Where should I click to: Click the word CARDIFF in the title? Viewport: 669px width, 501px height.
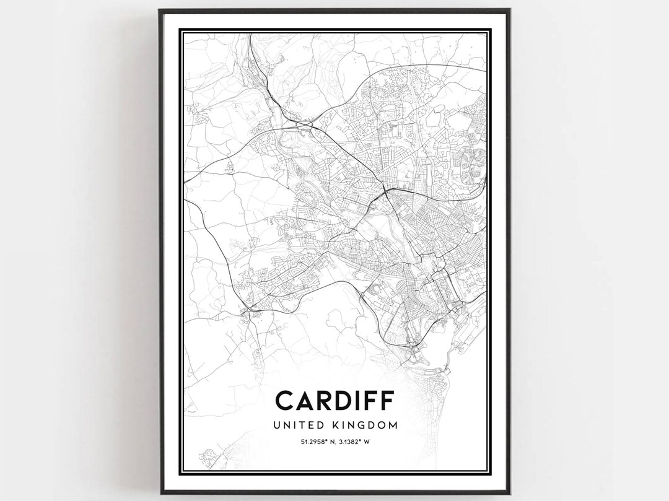(x=334, y=401)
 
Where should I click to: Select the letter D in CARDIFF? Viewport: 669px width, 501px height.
(x=342, y=401)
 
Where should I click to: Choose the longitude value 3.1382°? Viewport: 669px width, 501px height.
(x=351, y=442)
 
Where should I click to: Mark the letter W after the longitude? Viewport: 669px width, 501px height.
(x=367, y=442)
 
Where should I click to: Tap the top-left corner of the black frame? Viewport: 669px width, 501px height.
(x=159, y=9)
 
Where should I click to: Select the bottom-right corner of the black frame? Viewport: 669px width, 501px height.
(x=509, y=493)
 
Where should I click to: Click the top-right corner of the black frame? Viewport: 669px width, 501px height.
(x=509, y=9)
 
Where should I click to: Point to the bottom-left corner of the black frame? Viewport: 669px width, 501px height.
(x=160, y=493)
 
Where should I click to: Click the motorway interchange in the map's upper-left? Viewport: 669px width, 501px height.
(x=304, y=125)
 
